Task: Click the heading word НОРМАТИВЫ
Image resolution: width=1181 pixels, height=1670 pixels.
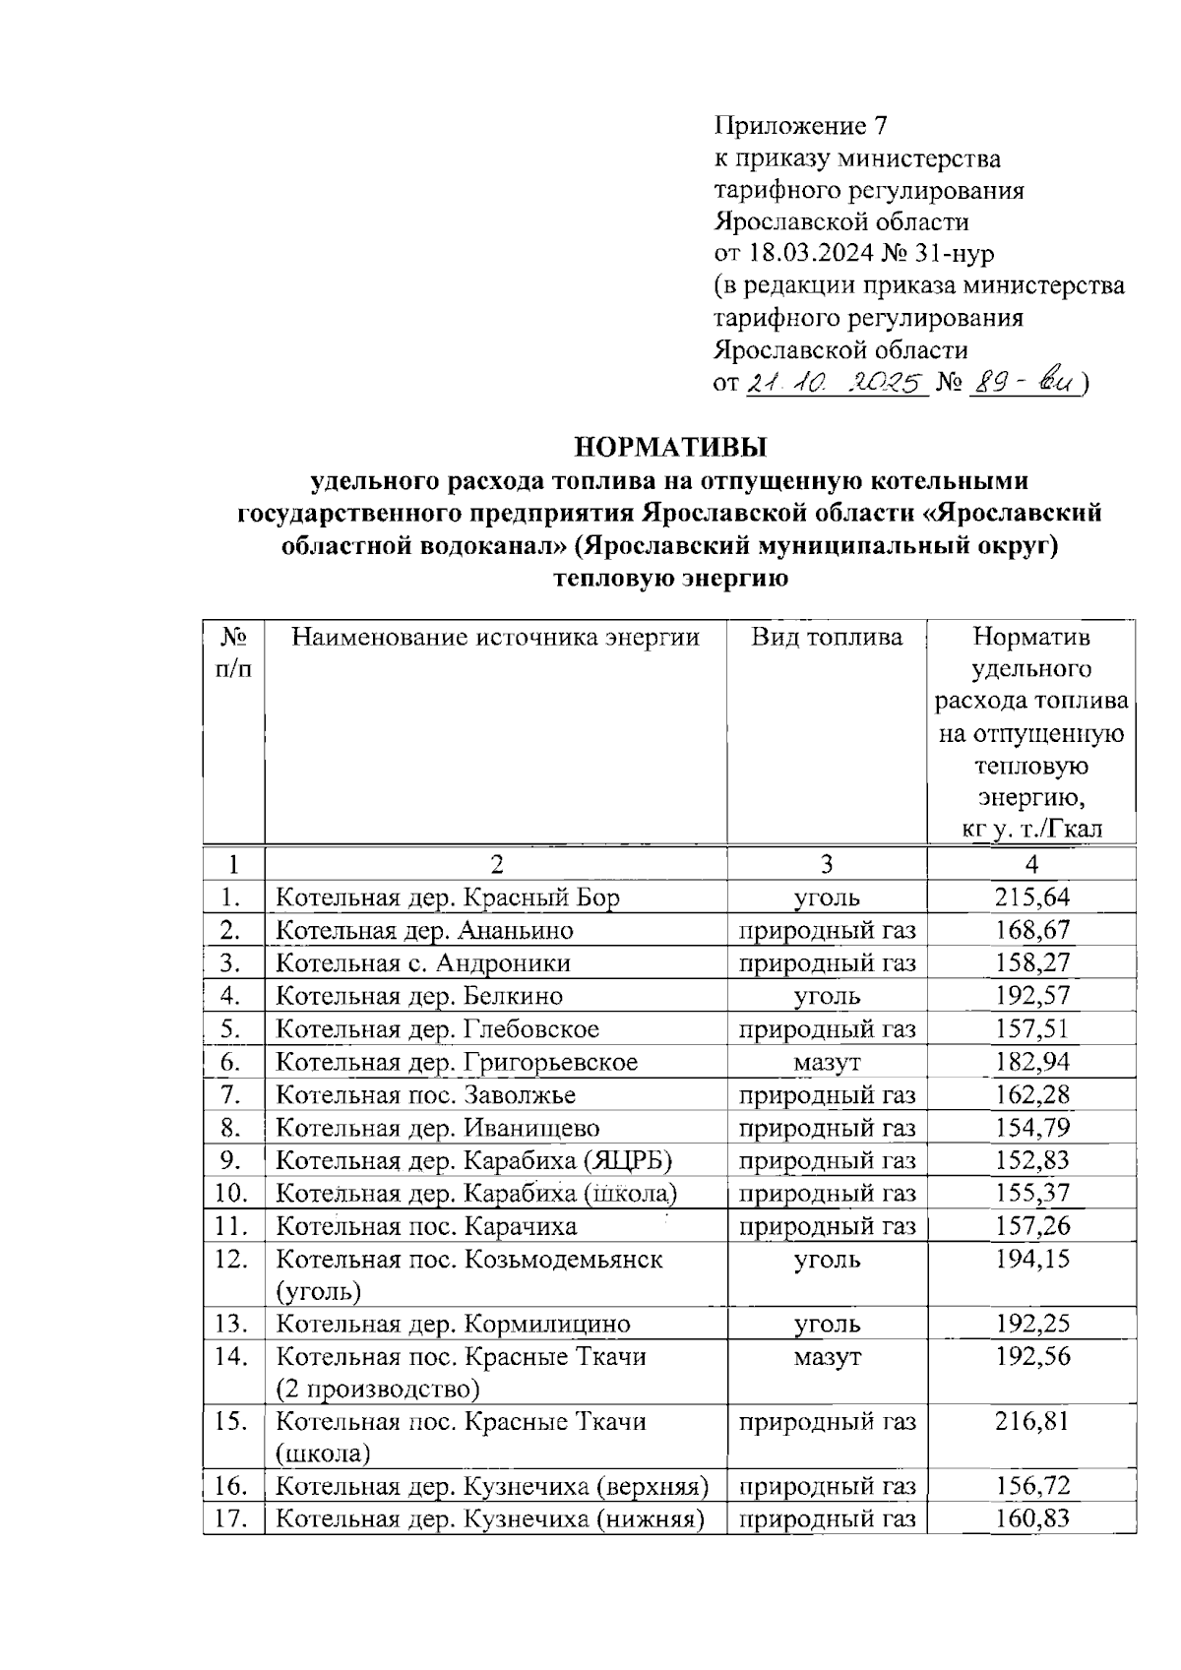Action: click(670, 448)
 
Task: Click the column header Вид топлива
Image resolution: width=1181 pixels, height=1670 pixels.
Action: click(827, 638)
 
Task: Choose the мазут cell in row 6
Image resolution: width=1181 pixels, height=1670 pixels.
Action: click(827, 1062)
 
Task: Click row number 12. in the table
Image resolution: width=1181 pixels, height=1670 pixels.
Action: click(232, 1259)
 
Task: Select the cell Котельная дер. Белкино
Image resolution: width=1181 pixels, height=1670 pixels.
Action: click(419, 996)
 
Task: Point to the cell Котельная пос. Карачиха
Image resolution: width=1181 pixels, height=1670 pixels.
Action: click(426, 1226)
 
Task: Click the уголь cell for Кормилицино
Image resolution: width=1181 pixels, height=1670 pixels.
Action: click(827, 1324)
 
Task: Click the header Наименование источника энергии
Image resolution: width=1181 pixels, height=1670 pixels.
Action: click(495, 638)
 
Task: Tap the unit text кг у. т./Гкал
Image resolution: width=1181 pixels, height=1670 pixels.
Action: click(1031, 830)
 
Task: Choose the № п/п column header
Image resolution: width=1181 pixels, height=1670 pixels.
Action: click(232, 652)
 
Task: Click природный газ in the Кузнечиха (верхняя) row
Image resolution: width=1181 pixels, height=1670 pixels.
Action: click(827, 1486)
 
